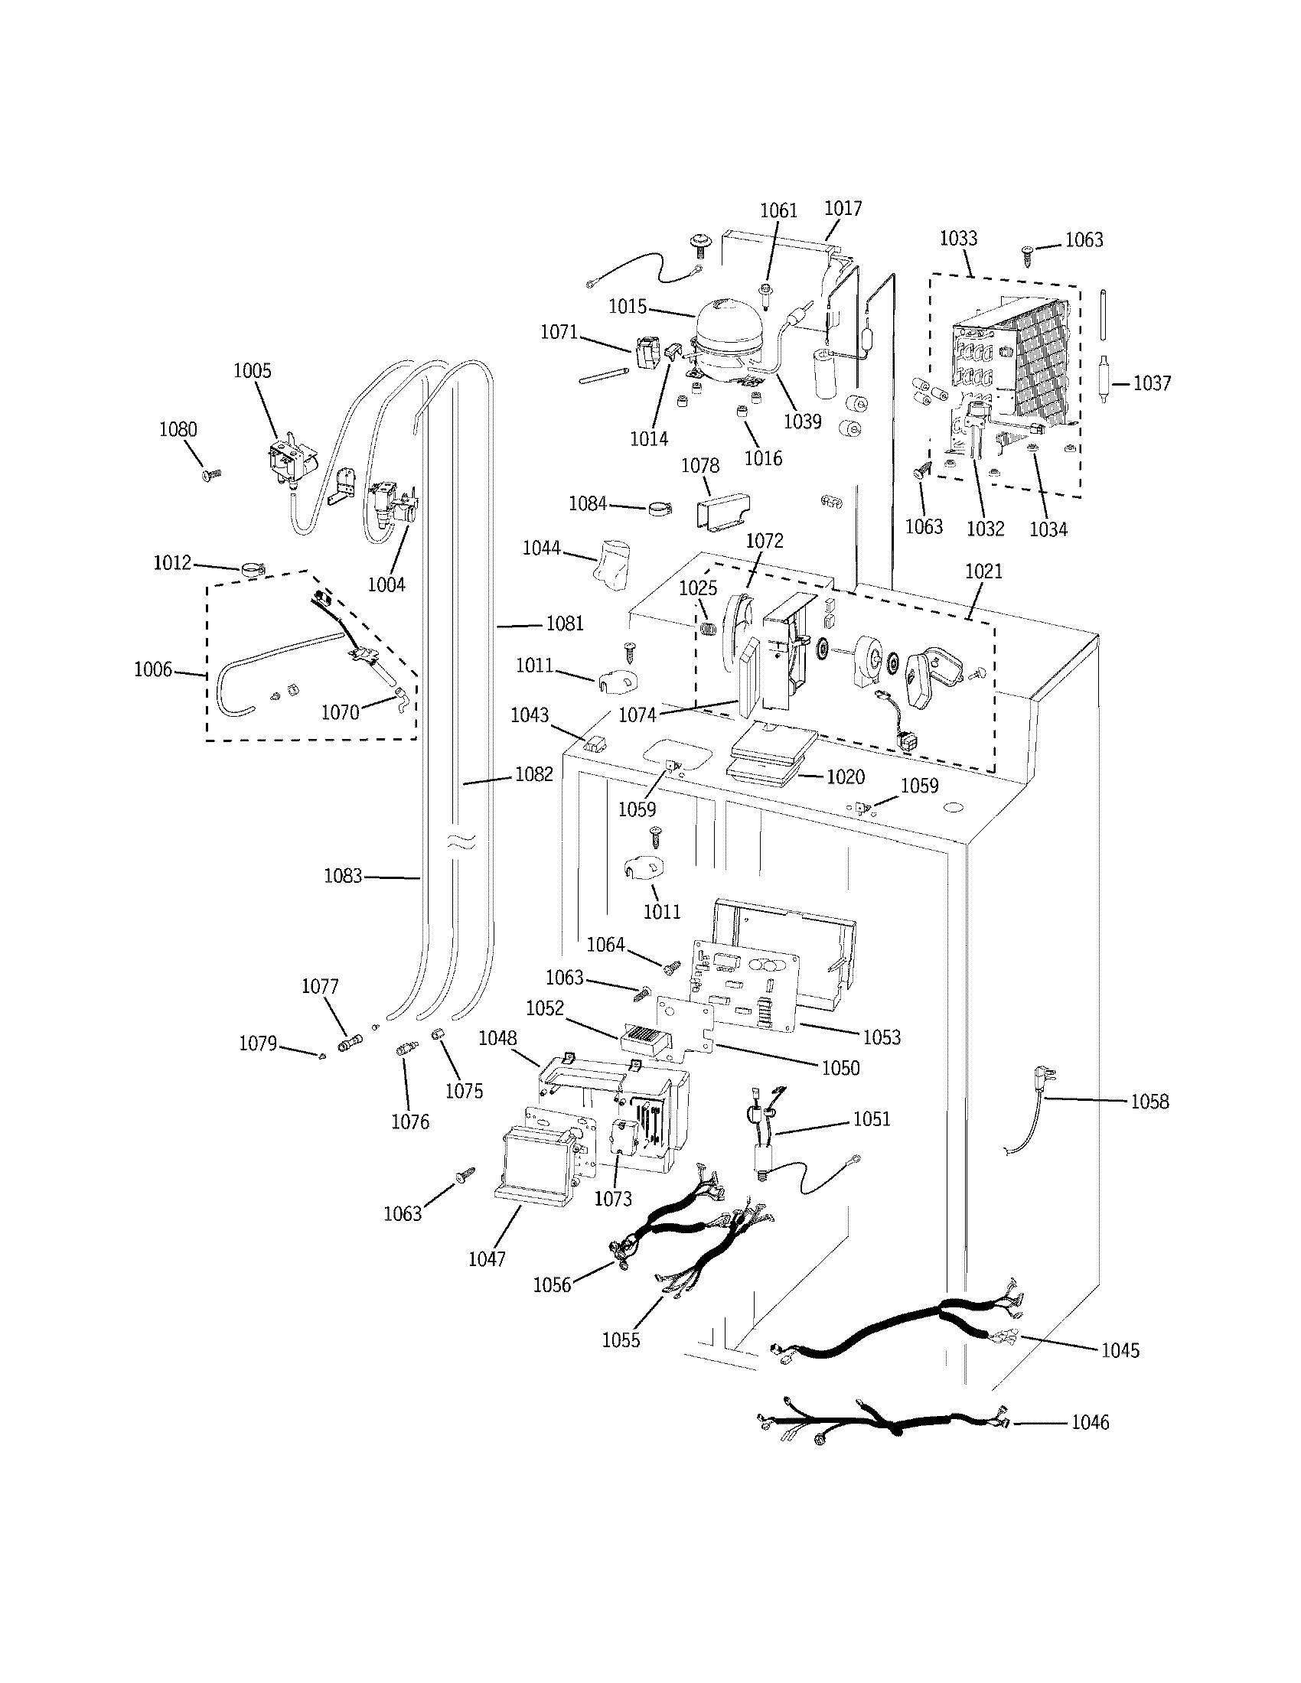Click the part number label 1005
(252, 371)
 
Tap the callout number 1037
(1152, 383)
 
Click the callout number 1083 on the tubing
(342, 876)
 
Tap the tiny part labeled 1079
(321, 1056)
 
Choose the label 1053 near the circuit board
(881, 1037)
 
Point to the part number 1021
(983, 571)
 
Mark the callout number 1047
(486, 1259)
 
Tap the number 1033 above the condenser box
(958, 238)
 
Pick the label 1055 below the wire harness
(621, 1340)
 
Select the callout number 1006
(152, 669)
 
